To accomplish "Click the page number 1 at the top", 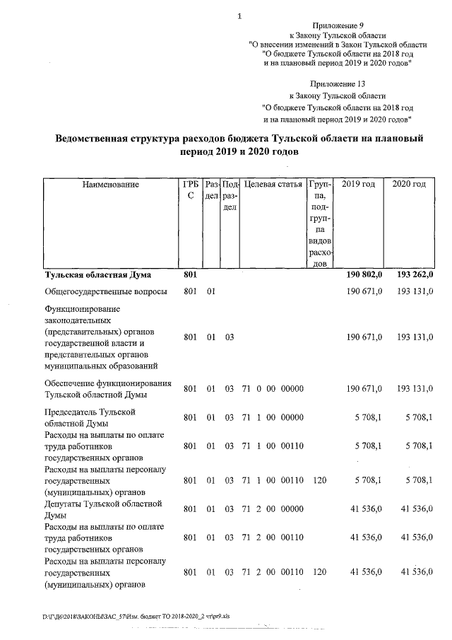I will coord(240,16).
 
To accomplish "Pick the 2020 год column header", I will coord(409,185).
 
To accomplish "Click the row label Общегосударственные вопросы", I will coord(106,291).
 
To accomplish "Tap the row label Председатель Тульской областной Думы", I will coord(90,417).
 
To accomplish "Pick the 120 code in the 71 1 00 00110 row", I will coord(319,480).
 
